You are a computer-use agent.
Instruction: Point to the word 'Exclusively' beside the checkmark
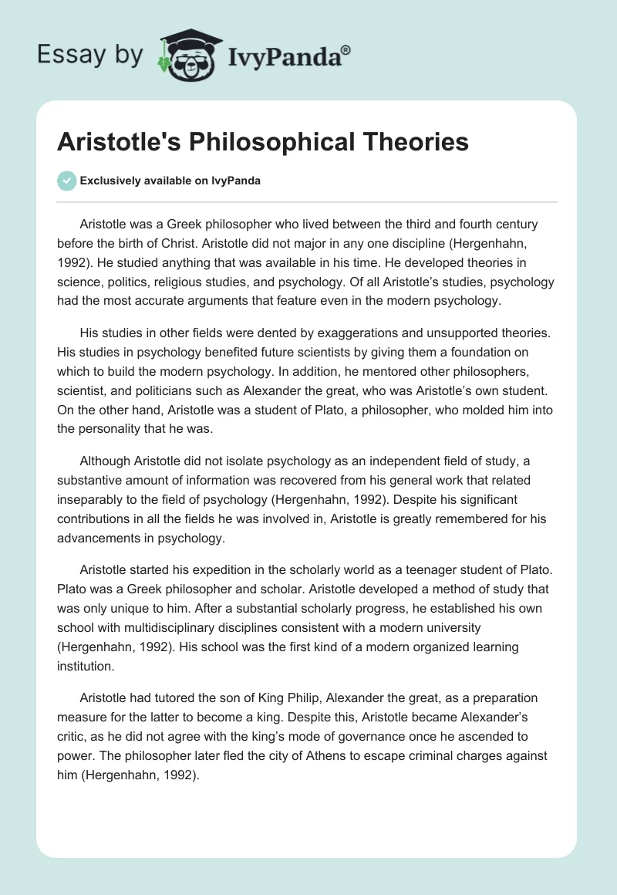(x=109, y=181)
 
